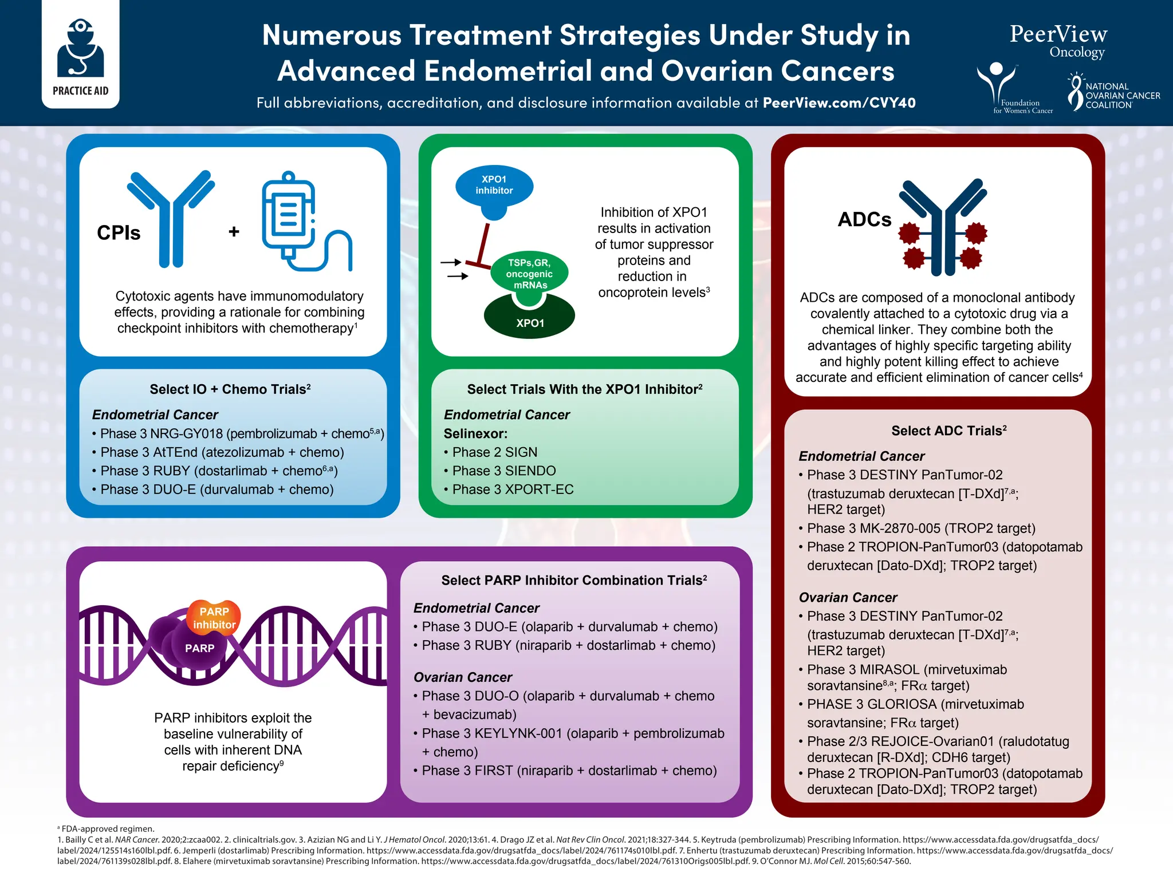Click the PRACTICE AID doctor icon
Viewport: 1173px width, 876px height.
coord(81,49)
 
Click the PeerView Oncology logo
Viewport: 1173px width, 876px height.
coord(1058,41)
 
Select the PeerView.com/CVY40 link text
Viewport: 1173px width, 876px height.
coord(839,103)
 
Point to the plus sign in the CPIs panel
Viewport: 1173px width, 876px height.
coord(234,232)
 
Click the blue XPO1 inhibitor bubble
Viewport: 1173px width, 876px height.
coord(494,186)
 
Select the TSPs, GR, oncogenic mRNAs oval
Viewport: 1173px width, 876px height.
coord(530,274)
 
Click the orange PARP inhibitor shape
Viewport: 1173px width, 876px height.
coord(214,618)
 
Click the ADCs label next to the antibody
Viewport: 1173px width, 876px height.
coord(864,220)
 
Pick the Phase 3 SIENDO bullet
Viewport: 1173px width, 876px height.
coord(504,471)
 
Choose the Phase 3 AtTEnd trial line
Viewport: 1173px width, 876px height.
coord(222,452)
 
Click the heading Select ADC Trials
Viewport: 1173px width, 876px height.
coord(948,431)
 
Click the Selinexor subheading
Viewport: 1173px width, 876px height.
coord(475,433)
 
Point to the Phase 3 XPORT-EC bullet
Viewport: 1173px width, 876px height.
coord(513,490)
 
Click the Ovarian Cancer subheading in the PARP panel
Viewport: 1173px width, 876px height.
coord(463,677)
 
